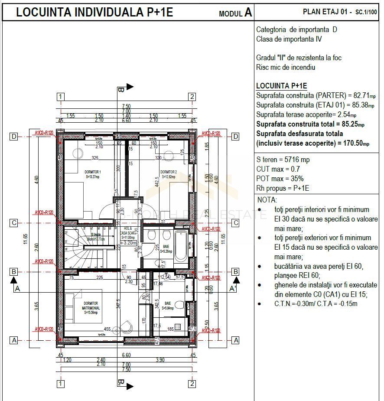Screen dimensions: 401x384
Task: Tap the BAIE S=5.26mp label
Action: [166, 248]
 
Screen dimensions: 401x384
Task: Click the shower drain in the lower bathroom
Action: [177, 327]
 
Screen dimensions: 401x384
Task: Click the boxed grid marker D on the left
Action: [14, 137]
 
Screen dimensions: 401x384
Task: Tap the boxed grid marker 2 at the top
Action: [192, 96]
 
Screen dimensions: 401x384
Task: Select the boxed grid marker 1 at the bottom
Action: [61, 384]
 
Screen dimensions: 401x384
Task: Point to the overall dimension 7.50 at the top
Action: [126, 106]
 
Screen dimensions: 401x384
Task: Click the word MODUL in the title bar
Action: [231, 14]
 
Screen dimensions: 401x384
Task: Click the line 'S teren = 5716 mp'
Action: [283, 160]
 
